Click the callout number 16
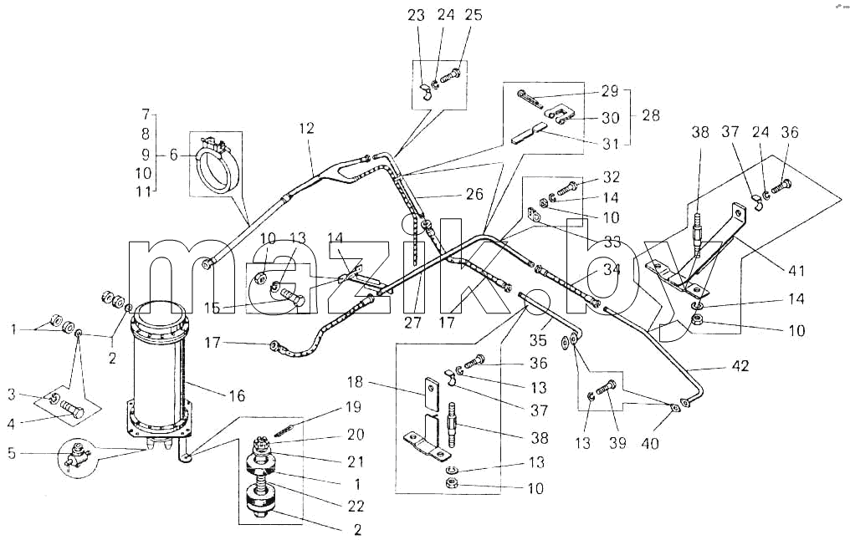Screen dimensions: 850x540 pyautogui.click(x=237, y=396)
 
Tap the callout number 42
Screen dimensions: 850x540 pyautogui.click(x=740, y=366)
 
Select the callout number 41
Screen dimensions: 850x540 pyautogui.click(x=796, y=270)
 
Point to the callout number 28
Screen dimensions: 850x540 pyautogui.click(x=651, y=115)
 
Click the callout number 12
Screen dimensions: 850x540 pyautogui.click(x=306, y=129)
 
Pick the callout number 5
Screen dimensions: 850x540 pyautogui.click(x=12, y=453)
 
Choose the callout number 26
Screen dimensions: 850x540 pyautogui.click(x=474, y=194)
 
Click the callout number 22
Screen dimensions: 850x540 pyautogui.click(x=356, y=507)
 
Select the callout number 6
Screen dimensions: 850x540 pyautogui.click(x=173, y=155)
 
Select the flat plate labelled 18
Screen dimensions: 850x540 pyautogui.click(x=431, y=388)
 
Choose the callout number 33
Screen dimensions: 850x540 pyautogui.click(x=612, y=241)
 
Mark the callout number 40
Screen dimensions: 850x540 pyautogui.click(x=650, y=443)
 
